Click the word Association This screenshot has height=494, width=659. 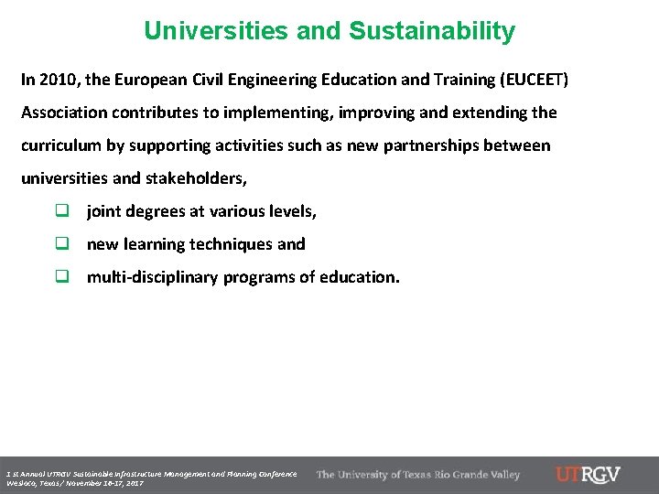coord(65,113)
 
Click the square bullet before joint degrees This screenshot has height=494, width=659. coord(62,211)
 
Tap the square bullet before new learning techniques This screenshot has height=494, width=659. coord(62,244)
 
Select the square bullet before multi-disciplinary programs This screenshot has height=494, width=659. coord(62,277)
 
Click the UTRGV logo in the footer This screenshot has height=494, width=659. coord(588,475)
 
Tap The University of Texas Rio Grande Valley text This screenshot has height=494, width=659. coord(418,475)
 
